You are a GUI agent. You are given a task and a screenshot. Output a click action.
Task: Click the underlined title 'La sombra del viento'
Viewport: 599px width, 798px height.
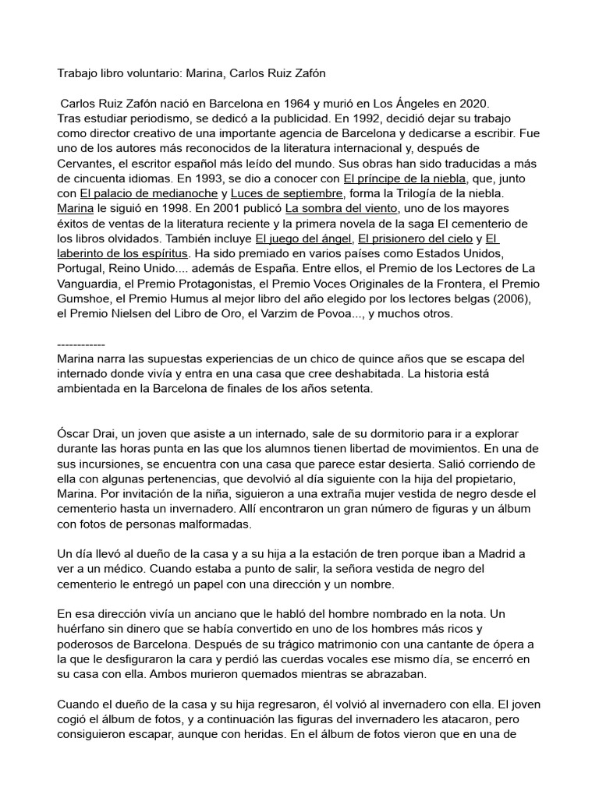[x=342, y=208]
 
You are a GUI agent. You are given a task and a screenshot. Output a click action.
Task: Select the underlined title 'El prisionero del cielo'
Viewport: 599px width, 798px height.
[x=416, y=238]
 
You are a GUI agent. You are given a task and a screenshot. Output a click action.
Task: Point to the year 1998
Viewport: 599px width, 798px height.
[x=174, y=208]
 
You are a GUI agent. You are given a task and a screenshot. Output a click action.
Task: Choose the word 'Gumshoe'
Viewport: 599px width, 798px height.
[x=86, y=299]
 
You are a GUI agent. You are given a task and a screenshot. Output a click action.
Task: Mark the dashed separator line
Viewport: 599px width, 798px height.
[x=81, y=344]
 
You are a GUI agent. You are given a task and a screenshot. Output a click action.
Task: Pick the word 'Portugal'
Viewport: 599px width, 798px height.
[x=82, y=269]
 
